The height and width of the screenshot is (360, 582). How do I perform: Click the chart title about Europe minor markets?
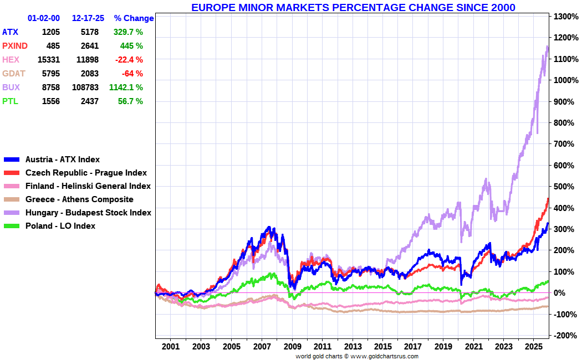(353, 7)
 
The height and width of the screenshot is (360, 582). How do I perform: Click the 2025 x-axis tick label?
(533, 347)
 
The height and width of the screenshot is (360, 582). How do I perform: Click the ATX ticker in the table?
(10, 32)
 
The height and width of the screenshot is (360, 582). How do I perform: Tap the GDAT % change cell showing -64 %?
(132, 74)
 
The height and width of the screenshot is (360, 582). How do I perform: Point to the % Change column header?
(134, 18)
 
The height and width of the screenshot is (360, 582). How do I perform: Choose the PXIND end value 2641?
(89, 46)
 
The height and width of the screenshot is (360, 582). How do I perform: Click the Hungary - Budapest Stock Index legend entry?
(88, 213)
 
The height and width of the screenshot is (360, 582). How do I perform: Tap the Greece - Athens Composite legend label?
(79, 199)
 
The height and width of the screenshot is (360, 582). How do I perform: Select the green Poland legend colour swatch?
(12, 226)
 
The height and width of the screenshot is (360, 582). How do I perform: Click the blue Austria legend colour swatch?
(12, 160)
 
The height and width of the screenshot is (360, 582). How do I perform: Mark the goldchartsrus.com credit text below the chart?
(357, 356)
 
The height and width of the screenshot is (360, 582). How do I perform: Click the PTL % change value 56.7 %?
(130, 101)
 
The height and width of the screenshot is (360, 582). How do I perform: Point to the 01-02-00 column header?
(44, 18)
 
